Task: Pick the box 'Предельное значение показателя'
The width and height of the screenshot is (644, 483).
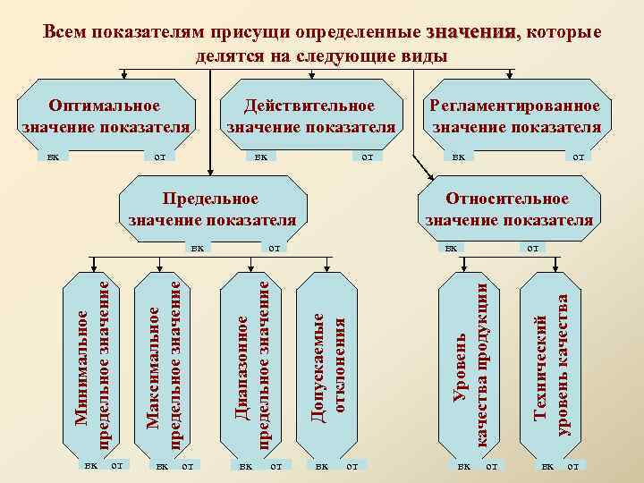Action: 212,208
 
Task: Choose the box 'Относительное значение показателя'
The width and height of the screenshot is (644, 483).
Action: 509,208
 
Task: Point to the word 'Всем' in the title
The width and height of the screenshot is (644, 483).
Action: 65,33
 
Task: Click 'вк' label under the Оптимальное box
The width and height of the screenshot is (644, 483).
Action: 54,157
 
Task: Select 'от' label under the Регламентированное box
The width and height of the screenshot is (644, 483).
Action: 578,157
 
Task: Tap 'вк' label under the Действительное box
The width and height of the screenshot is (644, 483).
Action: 260,157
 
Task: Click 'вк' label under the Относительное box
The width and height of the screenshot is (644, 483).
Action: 452,248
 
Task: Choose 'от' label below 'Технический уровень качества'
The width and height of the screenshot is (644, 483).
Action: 572,466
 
